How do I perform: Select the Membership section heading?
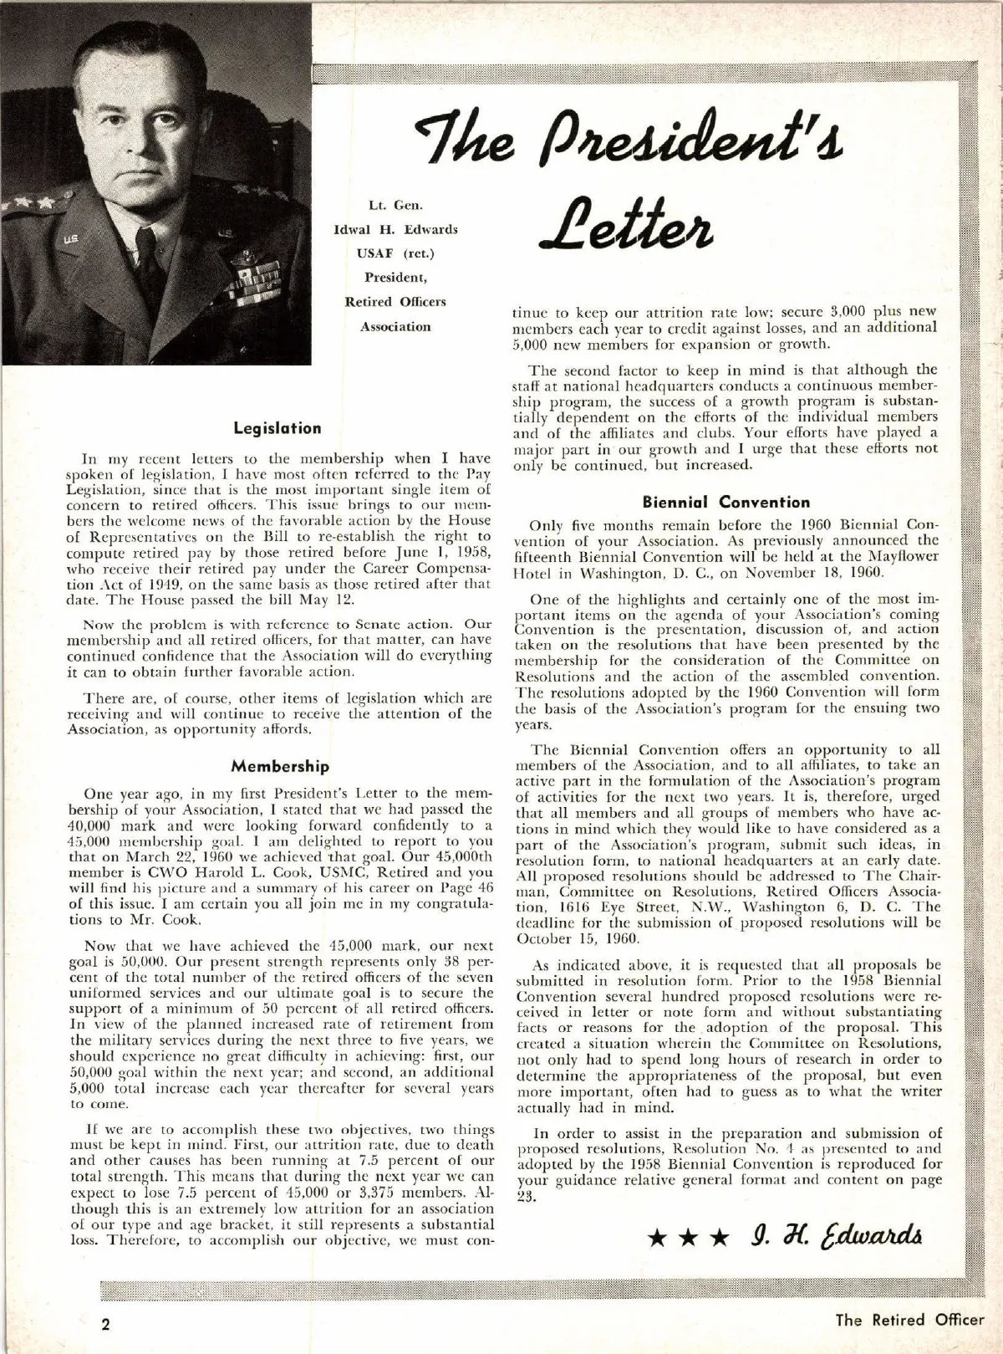click(x=280, y=766)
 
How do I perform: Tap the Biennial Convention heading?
click(x=726, y=503)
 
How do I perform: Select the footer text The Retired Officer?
click(x=910, y=1321)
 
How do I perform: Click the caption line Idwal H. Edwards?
click(x=395, y=229)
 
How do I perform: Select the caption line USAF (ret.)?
click(x=395, y=253)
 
